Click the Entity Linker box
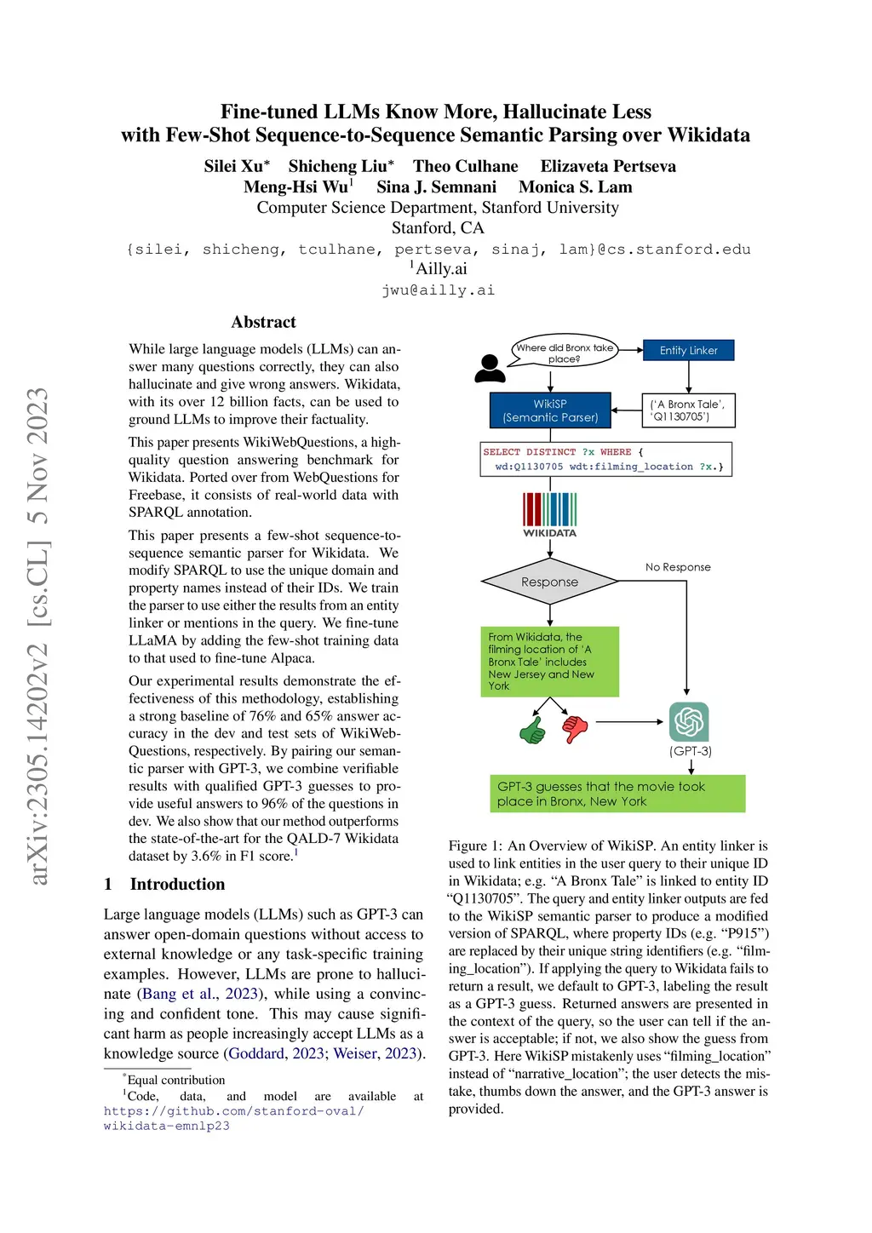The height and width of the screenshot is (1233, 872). click(x=688, y=350)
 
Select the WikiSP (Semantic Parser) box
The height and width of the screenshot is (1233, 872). click(x=550, y=410)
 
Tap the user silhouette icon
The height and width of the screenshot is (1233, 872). click(x=490, y=368)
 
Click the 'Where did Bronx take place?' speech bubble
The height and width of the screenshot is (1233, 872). click(x=564, y=351)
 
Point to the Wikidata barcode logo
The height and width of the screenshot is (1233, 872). click(x=549, y=511)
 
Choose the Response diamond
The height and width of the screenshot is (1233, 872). click(x=549, y=582)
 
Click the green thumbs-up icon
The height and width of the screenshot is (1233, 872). click(x=532, y=730)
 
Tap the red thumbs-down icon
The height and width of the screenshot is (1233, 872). click(x=575, y=728)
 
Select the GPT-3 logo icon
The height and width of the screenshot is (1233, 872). click(x=689, y=722)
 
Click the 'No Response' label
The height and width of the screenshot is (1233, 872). click(x=678, y=567)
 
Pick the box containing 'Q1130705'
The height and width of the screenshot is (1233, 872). click(x=688, y=410)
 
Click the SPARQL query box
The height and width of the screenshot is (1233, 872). click(x=606, y=459)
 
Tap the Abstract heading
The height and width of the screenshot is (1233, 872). click(x=264, y=322)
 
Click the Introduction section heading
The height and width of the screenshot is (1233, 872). click(x=177, y=884)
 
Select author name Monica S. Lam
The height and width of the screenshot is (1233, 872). click(x=576, y=187)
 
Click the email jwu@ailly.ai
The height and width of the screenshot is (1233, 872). click(x=438, y=290)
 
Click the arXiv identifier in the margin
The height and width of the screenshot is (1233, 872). click(x=38, y=635)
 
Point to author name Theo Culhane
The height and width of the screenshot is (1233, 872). click(x=466, y=166)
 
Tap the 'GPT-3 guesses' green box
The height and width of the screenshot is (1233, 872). click(x=617, y=794)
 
